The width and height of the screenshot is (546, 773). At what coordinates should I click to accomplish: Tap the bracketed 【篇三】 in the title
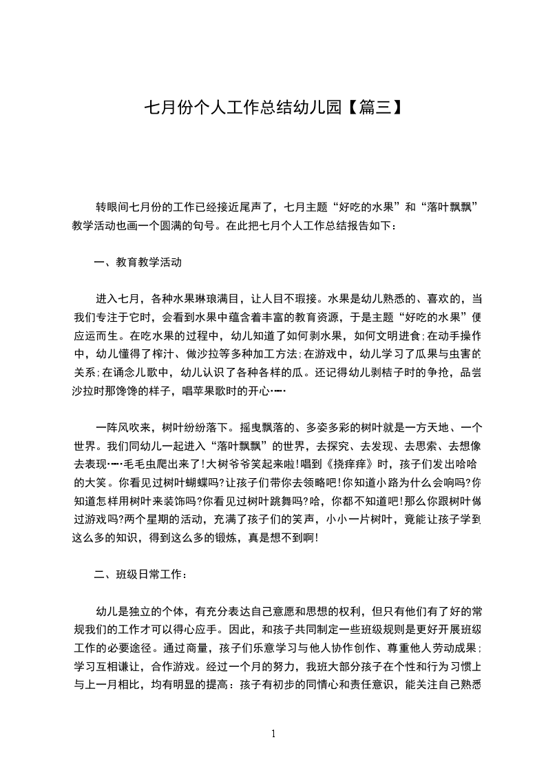click(372, 107)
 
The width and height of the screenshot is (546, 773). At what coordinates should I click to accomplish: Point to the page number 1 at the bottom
click(273, 734)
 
